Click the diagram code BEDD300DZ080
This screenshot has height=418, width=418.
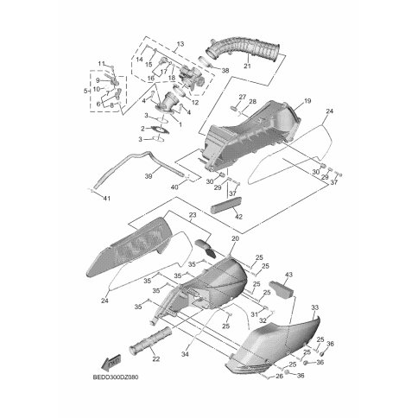click(116, 377)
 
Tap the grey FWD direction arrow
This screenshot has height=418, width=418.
click(111, 361)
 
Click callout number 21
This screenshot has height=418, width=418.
click(247, 66)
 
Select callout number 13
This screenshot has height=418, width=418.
click(180, 44)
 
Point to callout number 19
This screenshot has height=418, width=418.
click(307, 101)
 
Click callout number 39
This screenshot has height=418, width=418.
click(149, 176)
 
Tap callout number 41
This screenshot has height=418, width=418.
click(107, 199)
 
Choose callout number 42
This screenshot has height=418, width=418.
click(238, 217)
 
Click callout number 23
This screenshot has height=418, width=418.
click(193, 215)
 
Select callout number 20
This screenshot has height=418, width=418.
click(236, 238)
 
